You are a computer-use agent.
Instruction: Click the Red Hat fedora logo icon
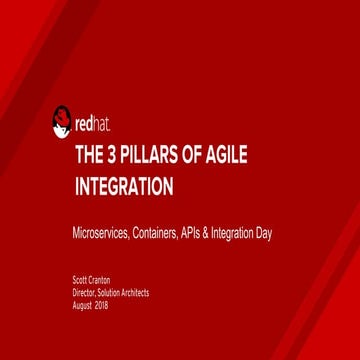click(x=61, y=122)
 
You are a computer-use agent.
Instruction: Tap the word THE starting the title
click(x=93, y=155)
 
